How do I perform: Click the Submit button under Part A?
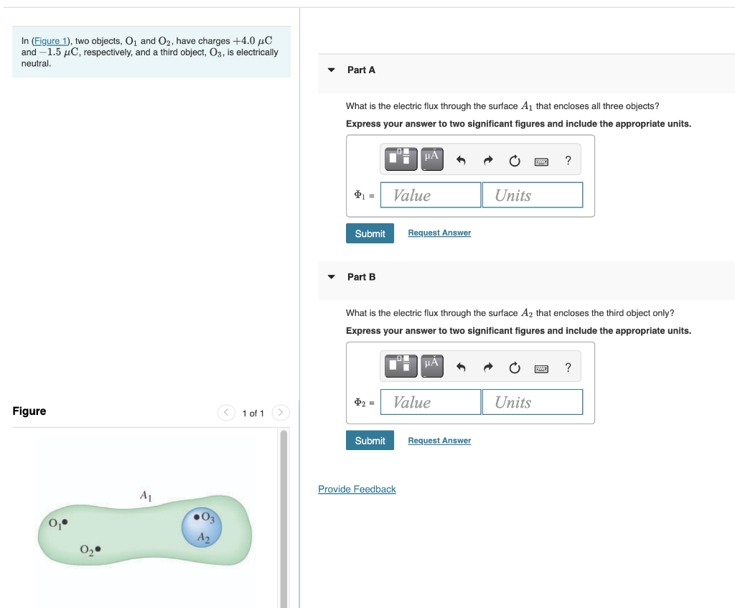pyautogui.click(x=370, y=233)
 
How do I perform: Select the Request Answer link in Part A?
pyautogui.click(x=439, y=233)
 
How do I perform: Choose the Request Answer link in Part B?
pyautogui.click(x=439, y=440)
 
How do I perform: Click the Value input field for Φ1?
pyautogui.click(x=431, y=195)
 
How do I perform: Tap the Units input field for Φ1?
pyautogui.click(x=532, y=195)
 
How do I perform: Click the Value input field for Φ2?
pyautogui.click(x=431, y=402)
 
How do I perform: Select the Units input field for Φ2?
pyautogui.click(x=532, y=402)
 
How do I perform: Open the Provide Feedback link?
pyautogui.click(x=357, y=489)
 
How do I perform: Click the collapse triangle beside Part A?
pyautogui.click(x=331, y=70)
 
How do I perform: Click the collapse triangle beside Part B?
pyautogui.click(x=331, y=277)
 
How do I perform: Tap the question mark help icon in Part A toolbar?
pyautogui.click(x=568, y=161)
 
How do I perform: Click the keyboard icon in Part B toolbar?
pyautogui.click(x=541, y=368)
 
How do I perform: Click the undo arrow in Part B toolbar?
pyautogui.click(x=461, y=368)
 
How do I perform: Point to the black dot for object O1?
pyautogui.click(x=65, y=522)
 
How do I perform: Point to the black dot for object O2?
pyautogui.click(x=98, y=550)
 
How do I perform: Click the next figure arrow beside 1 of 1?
pyautogui.click(x=281, y=413)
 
